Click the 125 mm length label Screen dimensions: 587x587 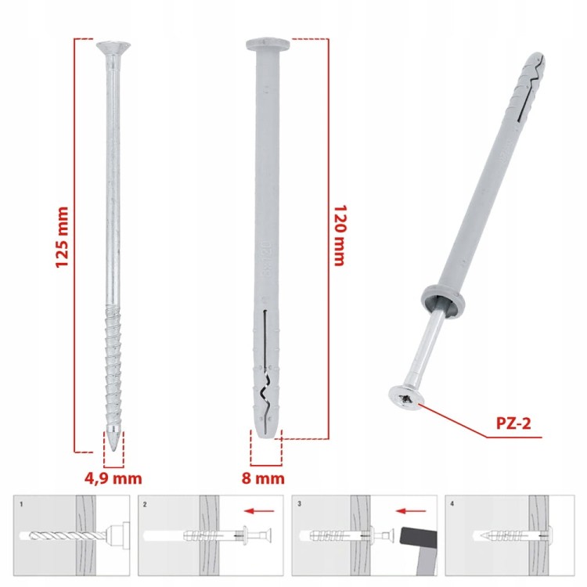62,237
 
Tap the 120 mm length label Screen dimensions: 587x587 340,235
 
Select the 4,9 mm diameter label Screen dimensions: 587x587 113,478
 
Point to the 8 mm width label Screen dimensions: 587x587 263,478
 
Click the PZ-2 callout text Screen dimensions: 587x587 513,423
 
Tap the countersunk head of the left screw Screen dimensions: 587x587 113,49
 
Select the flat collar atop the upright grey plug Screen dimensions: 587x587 268,45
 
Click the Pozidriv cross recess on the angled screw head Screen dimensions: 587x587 405,399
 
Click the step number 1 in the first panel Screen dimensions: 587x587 21,504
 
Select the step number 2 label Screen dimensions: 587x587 145,504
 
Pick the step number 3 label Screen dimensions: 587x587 299,504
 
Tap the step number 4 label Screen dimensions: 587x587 452,504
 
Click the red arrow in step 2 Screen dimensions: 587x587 259,510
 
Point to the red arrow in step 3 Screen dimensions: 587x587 411,510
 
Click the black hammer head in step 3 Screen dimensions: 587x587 419,536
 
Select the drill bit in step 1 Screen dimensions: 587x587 67,536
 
